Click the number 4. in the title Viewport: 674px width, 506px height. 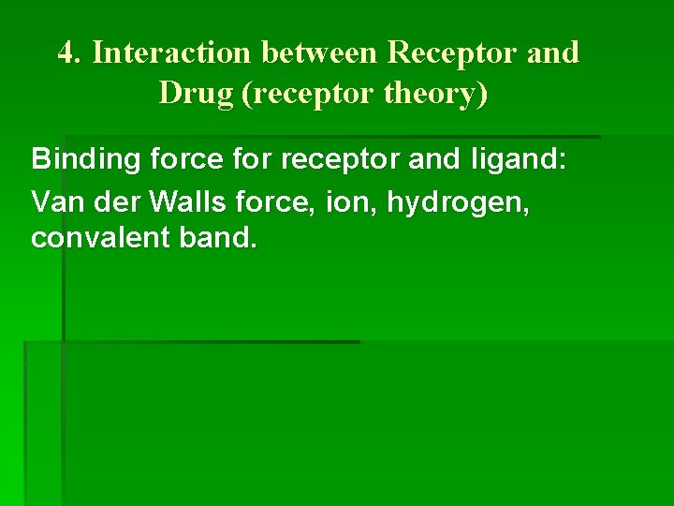coord(71,53)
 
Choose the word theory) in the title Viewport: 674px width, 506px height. coord(439,94)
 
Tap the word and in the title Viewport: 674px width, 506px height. coord(553,53)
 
